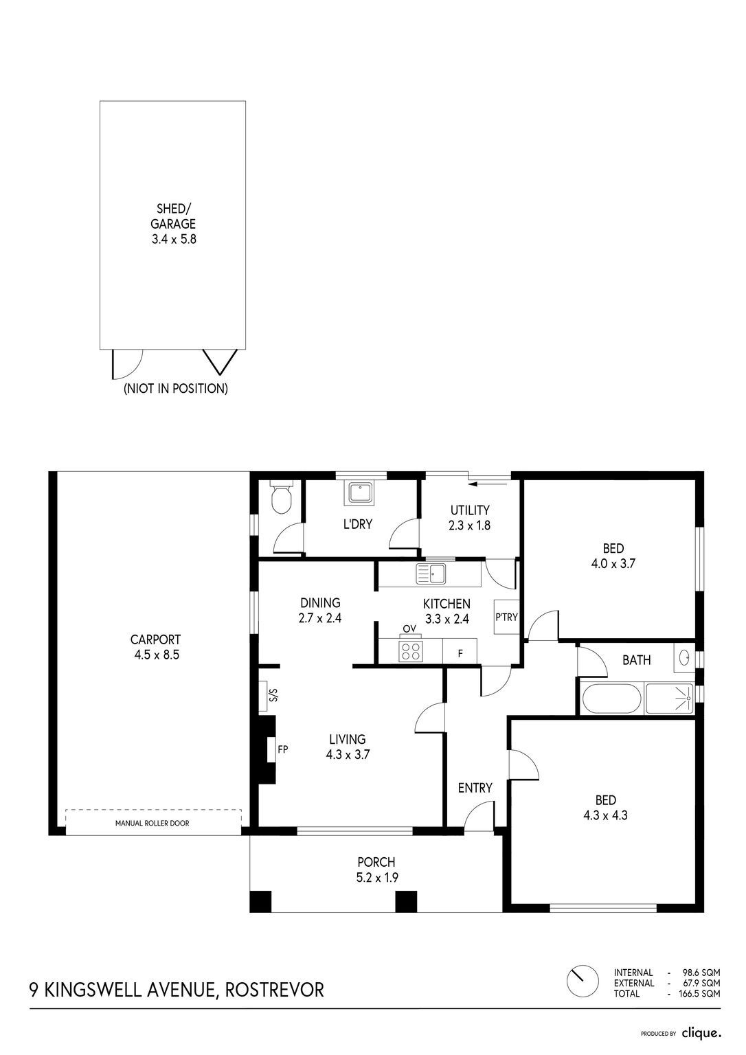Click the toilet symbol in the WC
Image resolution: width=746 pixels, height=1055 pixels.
(282, 497)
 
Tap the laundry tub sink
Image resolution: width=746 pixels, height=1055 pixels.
(361, 492)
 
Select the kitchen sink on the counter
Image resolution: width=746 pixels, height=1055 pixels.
(431, 574)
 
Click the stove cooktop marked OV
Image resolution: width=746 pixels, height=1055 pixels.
(410, 651)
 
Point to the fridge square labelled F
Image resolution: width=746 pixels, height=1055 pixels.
(460, 651)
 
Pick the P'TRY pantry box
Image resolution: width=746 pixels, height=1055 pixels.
(506, 617)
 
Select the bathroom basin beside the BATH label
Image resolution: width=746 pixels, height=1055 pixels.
(684, 658)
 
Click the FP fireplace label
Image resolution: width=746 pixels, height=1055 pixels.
(282, 749)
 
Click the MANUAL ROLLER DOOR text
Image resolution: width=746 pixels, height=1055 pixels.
(152, 824)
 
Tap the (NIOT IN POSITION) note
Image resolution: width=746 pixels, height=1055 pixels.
(176, 389)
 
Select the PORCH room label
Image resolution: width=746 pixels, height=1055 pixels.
(376, 862)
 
